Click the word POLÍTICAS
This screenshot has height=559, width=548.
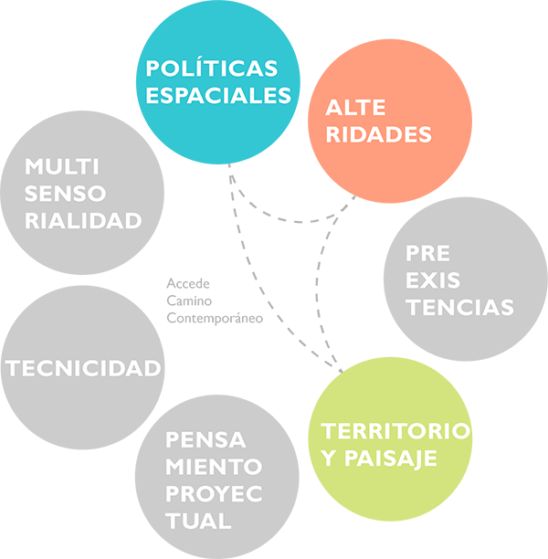point(212,69)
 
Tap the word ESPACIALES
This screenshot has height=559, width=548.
point(218,95)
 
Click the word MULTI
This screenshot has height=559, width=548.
point(62,167)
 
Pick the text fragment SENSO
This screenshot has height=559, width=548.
point(66,194)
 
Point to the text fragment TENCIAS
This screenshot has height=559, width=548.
point(460,307)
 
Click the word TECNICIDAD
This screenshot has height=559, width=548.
point(84,368)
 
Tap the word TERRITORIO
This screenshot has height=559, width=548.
point(395,430)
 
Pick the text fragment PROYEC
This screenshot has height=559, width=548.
point(214,494)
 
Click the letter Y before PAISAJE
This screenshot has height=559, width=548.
point(329,457)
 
